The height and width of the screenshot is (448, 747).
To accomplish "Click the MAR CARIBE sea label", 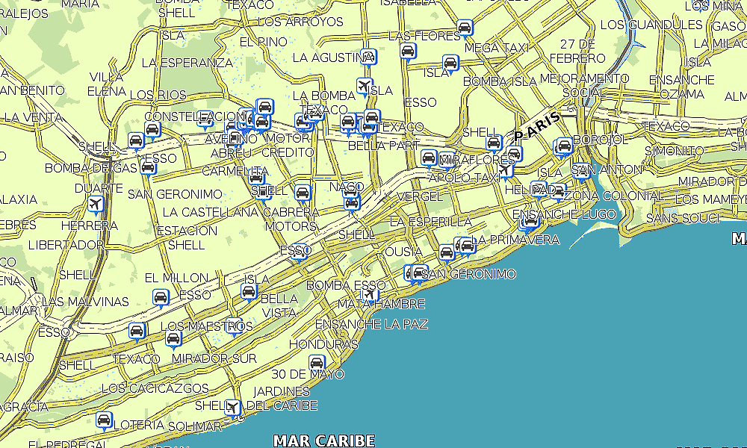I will (x=323, y=441).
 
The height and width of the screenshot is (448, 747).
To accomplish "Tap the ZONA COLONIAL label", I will (x=612, y=196).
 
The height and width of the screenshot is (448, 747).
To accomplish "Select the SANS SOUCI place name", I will (x=684, y=218).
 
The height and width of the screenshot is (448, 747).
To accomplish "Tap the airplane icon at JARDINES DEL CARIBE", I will (x=234, y=407).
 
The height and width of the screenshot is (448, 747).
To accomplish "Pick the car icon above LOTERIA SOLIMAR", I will (x=105, y=420).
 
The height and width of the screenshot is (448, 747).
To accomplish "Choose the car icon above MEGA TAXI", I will (x=465, y=28).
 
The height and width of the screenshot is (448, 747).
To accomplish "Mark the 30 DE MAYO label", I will (x=308, y=374).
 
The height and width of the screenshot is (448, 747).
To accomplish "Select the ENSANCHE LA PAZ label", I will (x=371, y=324).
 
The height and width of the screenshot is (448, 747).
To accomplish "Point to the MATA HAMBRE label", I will (x=381, y=304).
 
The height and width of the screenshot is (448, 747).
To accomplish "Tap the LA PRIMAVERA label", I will (x=517, y=240).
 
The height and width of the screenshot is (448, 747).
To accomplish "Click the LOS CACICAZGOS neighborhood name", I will (x=155, y=388).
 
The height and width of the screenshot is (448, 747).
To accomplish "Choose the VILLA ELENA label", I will (x=107, y=84).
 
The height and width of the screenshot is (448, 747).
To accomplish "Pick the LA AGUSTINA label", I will (x=328, y=57).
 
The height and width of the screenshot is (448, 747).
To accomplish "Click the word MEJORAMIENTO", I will (x=583, y=78).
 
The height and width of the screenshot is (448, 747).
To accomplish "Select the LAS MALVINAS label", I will (x=86, y=302).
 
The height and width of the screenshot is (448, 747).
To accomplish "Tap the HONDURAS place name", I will (x=324, y=344).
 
